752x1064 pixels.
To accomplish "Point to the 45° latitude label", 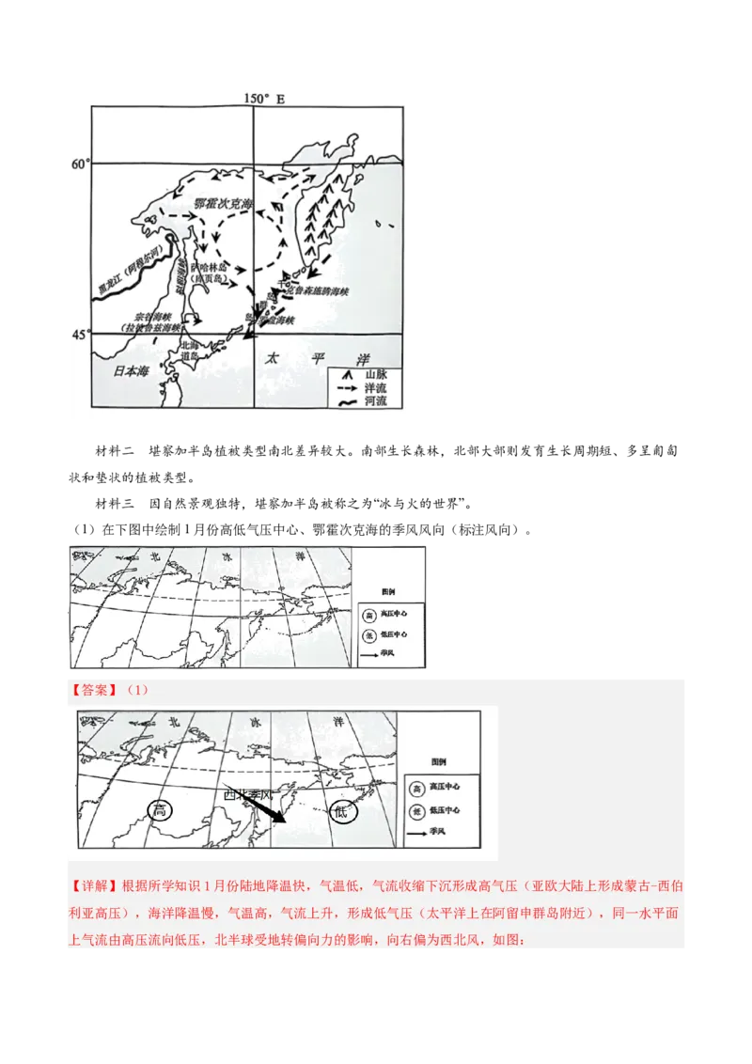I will coord(80,334).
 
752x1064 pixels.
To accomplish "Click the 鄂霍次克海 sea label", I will coord(223,203).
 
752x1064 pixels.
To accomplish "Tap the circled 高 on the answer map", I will coord(162,810).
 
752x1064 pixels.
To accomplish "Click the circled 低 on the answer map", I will coord(339,812).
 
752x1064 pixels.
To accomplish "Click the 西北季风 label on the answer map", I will coord(248,795).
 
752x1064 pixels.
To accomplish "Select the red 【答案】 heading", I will coord(92,690).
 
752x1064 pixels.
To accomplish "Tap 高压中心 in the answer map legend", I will coord(444,786).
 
